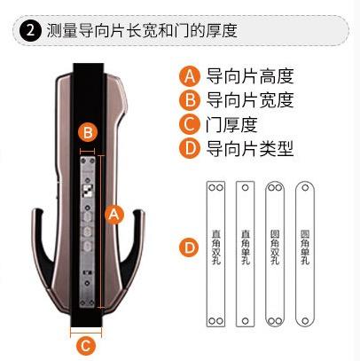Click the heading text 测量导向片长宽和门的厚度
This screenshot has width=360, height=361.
(141, 31)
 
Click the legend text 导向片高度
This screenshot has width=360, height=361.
(249, 75)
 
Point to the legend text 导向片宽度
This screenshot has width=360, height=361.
(249, 98)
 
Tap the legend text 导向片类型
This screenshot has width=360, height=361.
(249, 147)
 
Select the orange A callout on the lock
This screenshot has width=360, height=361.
(113, 214)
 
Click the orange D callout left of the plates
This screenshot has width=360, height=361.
(188, 248)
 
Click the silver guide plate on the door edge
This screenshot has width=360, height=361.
(89, 230)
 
